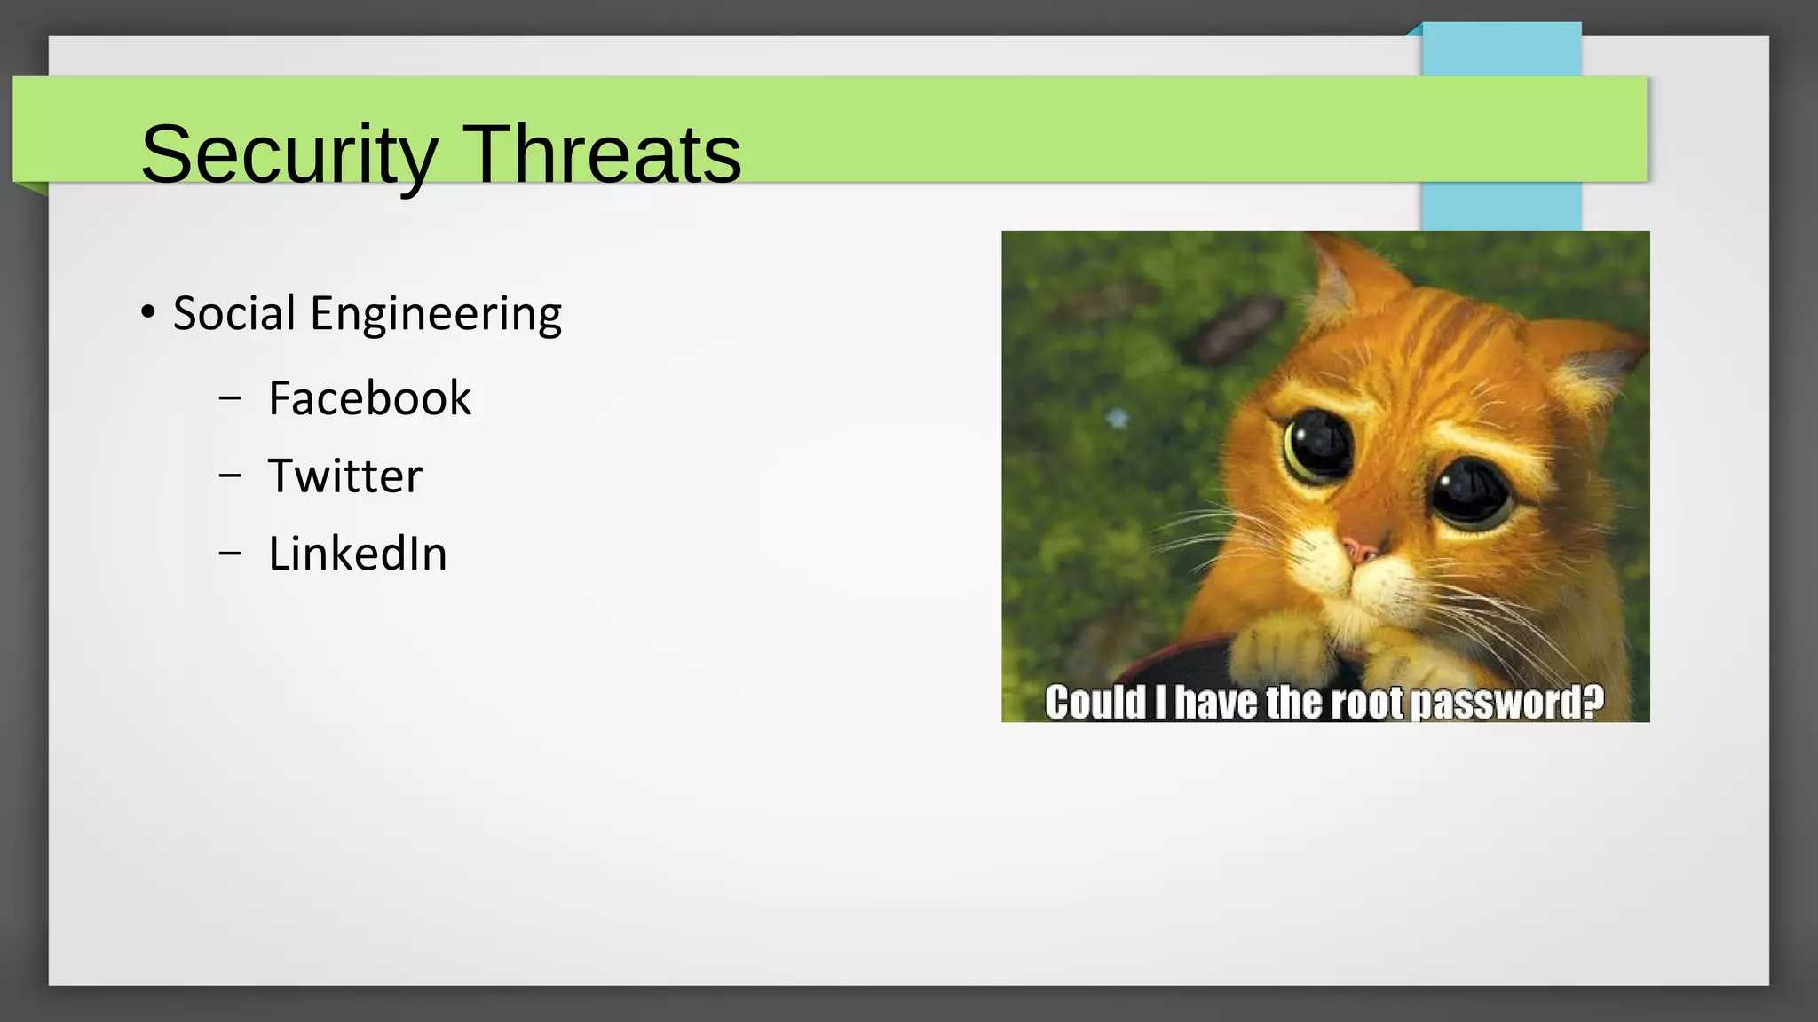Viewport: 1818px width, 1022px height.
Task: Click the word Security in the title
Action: click(289, 155)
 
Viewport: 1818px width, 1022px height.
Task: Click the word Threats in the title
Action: click(602, 155)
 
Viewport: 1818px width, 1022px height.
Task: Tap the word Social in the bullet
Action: click(234, 313)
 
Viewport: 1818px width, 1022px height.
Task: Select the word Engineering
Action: click(435, 315)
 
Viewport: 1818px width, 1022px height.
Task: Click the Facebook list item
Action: click(369, 398)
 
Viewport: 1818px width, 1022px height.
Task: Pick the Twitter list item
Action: click(344, 476)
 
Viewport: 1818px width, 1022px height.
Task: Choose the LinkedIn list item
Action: click(357, 554)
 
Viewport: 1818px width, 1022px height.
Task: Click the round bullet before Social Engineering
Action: click(148, 312)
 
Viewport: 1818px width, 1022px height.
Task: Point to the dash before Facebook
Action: click(230, 399)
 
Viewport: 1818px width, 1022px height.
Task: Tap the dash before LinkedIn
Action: click(230, 554)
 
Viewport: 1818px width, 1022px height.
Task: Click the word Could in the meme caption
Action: click(1095, 703)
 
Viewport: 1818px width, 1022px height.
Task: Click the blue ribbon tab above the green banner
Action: click(1501, 50)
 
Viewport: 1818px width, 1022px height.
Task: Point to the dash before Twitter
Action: click(230, 476)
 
